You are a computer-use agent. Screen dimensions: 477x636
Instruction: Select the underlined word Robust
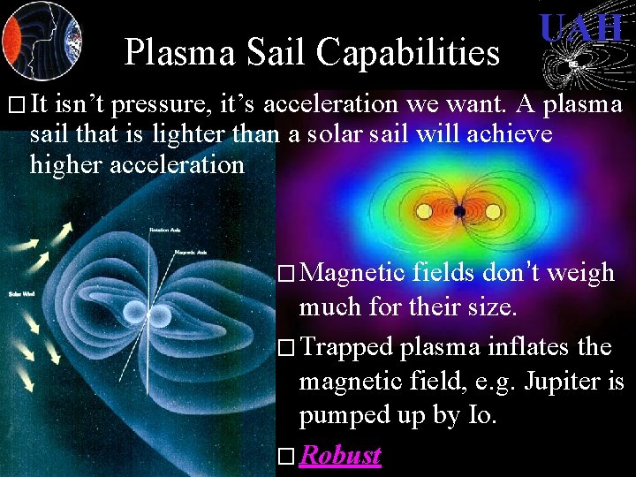click(340, 455)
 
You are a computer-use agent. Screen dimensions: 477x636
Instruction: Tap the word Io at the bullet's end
click(481, 414)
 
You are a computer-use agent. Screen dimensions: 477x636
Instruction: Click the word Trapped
click(346, 347)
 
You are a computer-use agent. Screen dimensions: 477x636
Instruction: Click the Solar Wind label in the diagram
click(20, 293)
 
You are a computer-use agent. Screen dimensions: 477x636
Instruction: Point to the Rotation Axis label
click(166, 230)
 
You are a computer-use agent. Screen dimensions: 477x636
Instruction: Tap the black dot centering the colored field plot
click(459, 212)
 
